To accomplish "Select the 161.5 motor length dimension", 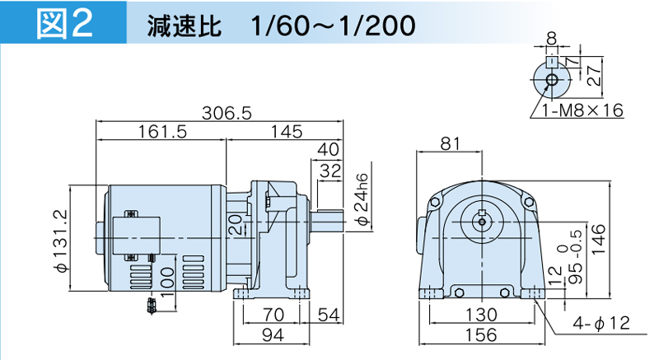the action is pyautogui.click(x=162, y=132).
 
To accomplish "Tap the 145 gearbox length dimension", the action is pyautogui.click(x=286, y=132).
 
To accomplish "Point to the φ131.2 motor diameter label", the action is pyautogui.click(x=61, y=241).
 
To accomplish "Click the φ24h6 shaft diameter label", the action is pyautogui.click(x=363, y=199).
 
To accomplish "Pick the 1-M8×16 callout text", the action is pyautogui.click(x=582, y=110).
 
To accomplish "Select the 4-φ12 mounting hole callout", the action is pyautogui.click(x=601, y=323).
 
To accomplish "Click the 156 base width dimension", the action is pyautogui.click(x=481, y=334).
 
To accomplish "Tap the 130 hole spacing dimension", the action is pyautogui.click(x=482, y=315).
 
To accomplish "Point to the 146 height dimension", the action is pyautogui.click(x=599, y=239).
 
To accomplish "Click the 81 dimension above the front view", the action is pyautogui.click(x=450, y=144).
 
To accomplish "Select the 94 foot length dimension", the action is pyautogui.click(x=273, y=334).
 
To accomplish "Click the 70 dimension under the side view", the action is pyautogui.click(x=273, y=315).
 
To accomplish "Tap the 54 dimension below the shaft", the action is pyautogui.click(x=328, y=315).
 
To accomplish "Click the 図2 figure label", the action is pyautogui.click(x=64, y=24).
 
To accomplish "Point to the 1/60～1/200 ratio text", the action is pyautogui.click(x=333, y=26).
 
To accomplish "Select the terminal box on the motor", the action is pyautogui.click(x=137, y=236).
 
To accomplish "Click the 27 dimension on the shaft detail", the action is pyautogui.click(x=594, y=75).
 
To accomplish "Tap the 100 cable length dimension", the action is pyautogui.click(x=167, y=281).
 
